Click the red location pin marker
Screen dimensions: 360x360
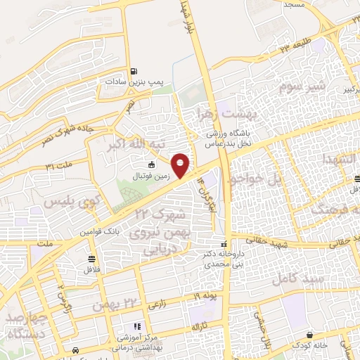pyautogui.click(x=181, y=165)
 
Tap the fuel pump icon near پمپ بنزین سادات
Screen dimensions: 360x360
pyautogui.click(x=134, y=71)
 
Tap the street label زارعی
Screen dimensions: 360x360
pyautogui.click(x=155, y=306)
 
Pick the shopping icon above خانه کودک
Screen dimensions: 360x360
pyautogui.click(x=309, y=334)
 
